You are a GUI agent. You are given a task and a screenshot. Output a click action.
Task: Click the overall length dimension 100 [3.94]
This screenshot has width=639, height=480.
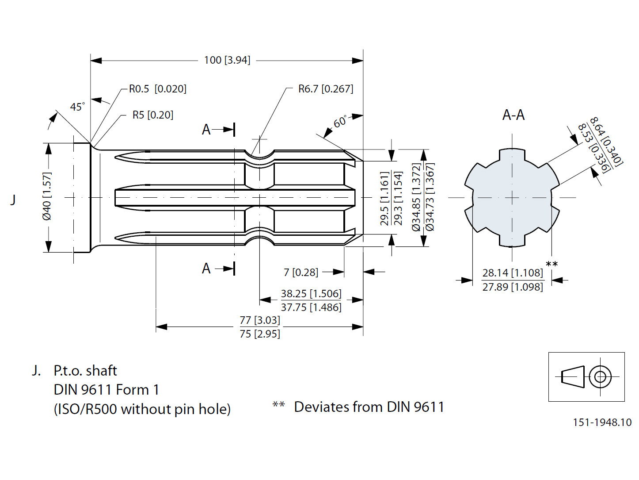tap(227, 60)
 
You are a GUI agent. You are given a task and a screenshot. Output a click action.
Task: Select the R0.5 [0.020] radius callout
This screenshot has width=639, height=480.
tap(157, 89)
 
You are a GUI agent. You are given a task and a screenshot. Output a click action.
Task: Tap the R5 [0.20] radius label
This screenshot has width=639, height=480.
tap(152, 115)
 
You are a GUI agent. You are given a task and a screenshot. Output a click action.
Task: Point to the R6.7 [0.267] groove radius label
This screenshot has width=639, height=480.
tap(325, 89)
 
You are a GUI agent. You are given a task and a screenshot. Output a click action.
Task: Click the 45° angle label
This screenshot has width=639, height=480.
tap(77, 107)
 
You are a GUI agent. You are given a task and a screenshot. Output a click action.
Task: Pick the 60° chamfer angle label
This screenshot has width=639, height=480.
tap(340, 122)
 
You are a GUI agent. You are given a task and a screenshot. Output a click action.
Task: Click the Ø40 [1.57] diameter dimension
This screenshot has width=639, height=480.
tap(47, 196)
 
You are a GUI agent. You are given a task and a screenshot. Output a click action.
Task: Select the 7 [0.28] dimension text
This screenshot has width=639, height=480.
tap(300, 272)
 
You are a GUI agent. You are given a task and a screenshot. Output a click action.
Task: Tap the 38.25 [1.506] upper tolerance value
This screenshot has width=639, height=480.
tap(311, 294)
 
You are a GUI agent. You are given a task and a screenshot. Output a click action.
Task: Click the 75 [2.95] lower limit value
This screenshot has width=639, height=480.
tap(260, 334)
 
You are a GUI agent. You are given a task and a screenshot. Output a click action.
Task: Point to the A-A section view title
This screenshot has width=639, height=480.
tap(513, 115)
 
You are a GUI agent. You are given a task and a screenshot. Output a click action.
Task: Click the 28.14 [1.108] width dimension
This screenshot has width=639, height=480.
tap(512, 273)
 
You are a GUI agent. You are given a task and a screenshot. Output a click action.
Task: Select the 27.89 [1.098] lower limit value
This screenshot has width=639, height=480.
tap(512, 287)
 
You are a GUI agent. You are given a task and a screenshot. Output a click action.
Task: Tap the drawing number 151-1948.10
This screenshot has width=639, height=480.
tap(602, 422)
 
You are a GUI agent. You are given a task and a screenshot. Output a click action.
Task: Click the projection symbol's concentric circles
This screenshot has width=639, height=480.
tap(600, 377)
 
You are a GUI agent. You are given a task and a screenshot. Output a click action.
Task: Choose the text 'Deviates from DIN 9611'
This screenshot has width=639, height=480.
tap(369, 407)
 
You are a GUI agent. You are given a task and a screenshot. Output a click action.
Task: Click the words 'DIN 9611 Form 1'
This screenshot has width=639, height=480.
tap(106, 390)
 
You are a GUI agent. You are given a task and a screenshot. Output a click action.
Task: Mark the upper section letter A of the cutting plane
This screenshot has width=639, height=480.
tap(206, 130)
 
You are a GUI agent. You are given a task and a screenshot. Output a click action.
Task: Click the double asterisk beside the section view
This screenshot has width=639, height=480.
tap(552, 265)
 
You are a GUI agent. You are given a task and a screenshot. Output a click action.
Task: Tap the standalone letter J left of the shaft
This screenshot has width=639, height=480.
tap(13, 200)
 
